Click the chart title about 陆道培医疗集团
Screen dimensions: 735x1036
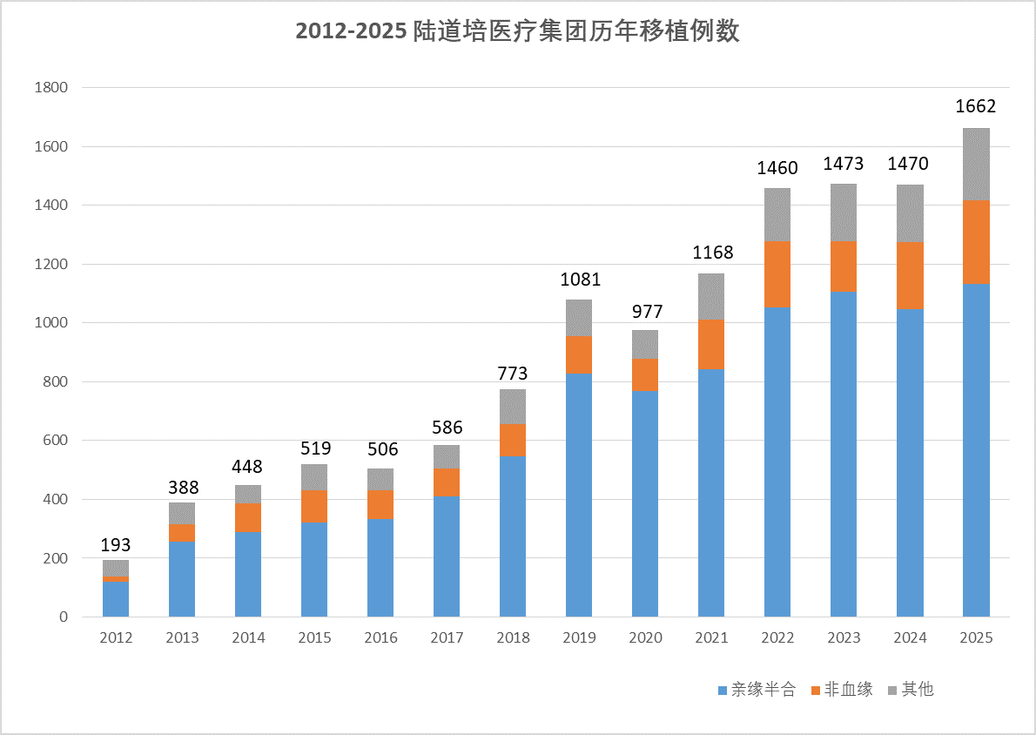pyautogui.click(x=517, y=31)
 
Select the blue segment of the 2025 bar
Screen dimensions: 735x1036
pyautogui.click(x=976, y=449)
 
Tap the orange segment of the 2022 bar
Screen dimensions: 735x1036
pyautogui.click(x=777, y=274)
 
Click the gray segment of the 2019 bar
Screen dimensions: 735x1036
pyautogui.click(x=579, y=318)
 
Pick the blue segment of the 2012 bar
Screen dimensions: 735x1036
pyautogui.click(x=116, y=599)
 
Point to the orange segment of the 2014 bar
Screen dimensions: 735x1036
pyautogui.click(x=248, y=517)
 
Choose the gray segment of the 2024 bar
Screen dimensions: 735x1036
pyautogui.click(x=910, y=213)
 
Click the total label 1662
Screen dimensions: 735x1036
pyautogui.click(x=976, y=107)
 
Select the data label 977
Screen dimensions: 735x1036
pyautogui.click(x=645, y=312)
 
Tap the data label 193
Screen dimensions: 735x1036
pyautogui.click(x=116, y=545)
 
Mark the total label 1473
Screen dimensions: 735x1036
pyautogui.click(x=844, y=164)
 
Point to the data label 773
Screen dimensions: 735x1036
pyautogui.click(x=513, y=374)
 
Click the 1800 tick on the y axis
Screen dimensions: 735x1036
pyautogui.click(x=50, y=88)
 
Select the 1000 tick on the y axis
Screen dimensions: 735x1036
pyautogui.click(x=50, y=323)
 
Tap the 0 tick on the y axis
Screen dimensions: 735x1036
pyautogui.click(x=63, y=617)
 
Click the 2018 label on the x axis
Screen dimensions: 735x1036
pyautogui.click(x=513, y=638)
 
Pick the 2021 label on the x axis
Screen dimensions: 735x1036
pyautogui.click(x=711, y=638)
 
